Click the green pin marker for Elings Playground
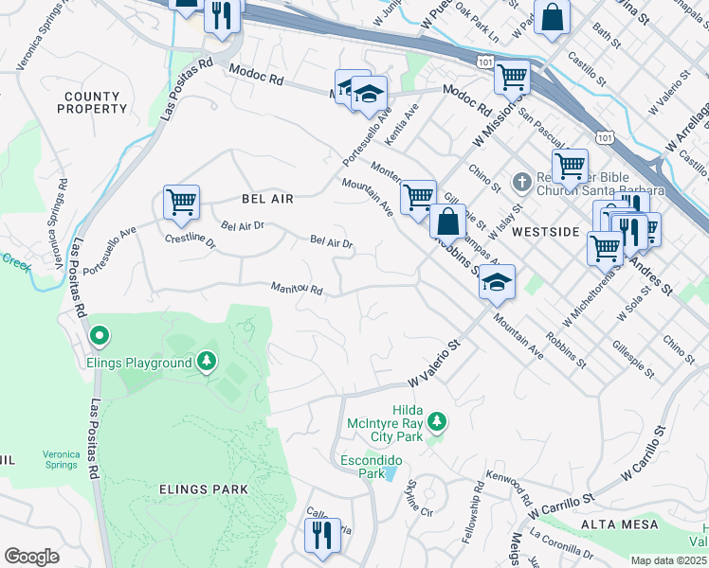coord(99,336)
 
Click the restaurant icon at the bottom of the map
coord(322,536)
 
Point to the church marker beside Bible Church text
coord(521,181)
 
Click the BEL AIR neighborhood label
coord(267,199)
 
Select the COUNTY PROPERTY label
coord(92,103)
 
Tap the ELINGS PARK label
coord(204,489)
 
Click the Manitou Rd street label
coord(297,288)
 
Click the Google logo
coord(31,557)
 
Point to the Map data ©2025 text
coord(668,560)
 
